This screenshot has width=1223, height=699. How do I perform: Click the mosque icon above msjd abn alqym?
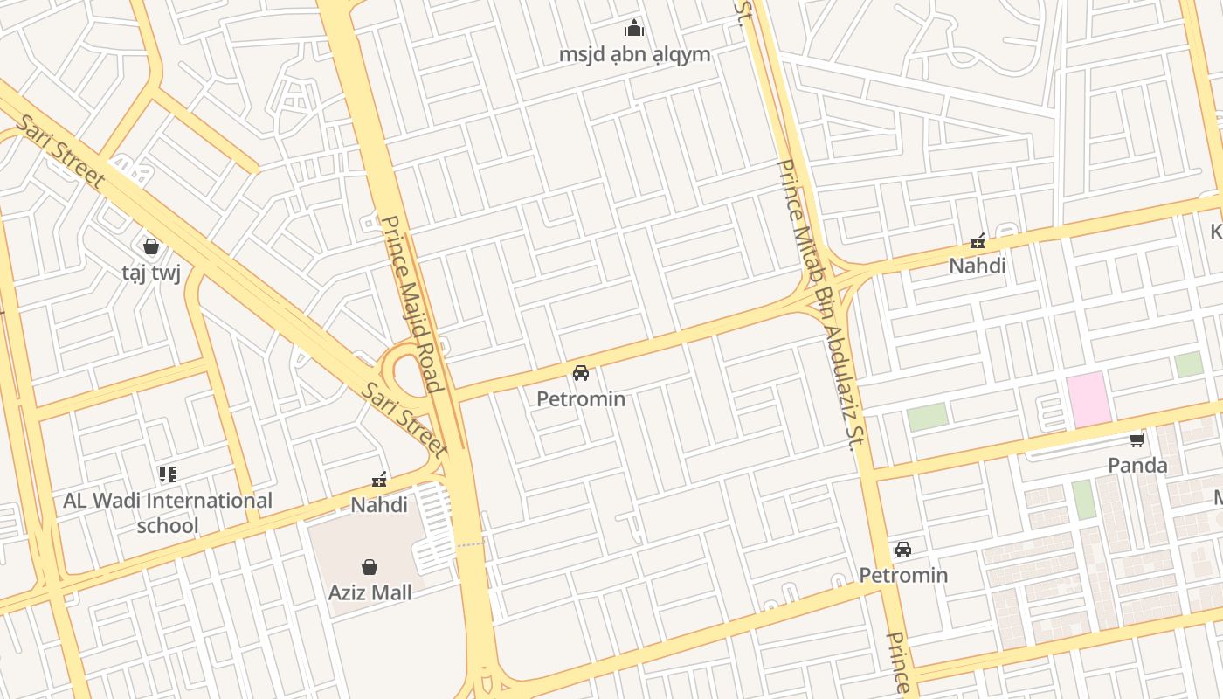634,29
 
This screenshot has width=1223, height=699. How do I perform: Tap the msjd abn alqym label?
634,54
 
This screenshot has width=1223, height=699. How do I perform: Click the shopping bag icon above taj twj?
151,247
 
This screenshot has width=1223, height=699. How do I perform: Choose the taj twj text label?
151,273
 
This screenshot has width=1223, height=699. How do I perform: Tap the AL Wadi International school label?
168,513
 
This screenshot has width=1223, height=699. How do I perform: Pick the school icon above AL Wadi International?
168,474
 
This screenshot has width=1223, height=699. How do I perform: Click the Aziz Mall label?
370,592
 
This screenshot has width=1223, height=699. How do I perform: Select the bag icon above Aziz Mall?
370,567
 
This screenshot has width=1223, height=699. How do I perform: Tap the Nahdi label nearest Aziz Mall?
379,505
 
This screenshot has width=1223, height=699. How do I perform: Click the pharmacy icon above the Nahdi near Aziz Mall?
379,480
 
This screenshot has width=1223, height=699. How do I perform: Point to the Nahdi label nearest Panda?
978,266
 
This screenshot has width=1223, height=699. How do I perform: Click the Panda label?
1137,465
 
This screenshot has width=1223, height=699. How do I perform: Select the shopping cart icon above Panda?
1137,439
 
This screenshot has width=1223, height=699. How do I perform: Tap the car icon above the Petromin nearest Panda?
903,550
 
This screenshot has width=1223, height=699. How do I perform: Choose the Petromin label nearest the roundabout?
581,399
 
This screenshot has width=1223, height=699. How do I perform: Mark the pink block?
1088,399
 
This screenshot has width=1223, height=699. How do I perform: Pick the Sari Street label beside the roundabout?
404,419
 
